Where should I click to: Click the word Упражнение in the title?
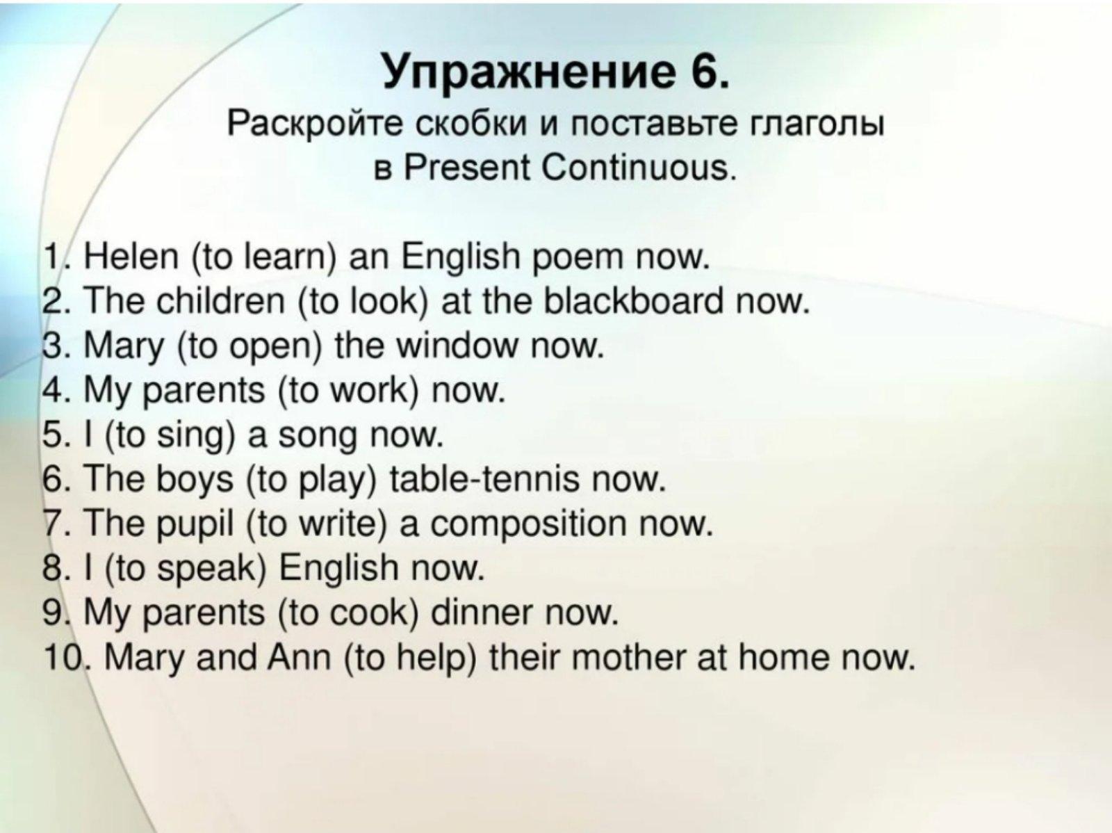click(x=524, y=72)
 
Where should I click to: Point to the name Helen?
click(x=131, y=257)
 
